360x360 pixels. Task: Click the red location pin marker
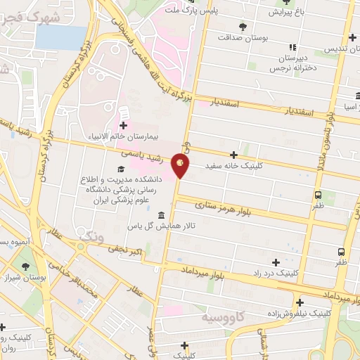point(180,166)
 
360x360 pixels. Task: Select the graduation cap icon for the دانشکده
point(120,169)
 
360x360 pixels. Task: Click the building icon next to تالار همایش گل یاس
point(162,214)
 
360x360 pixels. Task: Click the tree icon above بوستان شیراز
point(25,267)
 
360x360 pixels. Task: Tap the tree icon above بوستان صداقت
point(243,26)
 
